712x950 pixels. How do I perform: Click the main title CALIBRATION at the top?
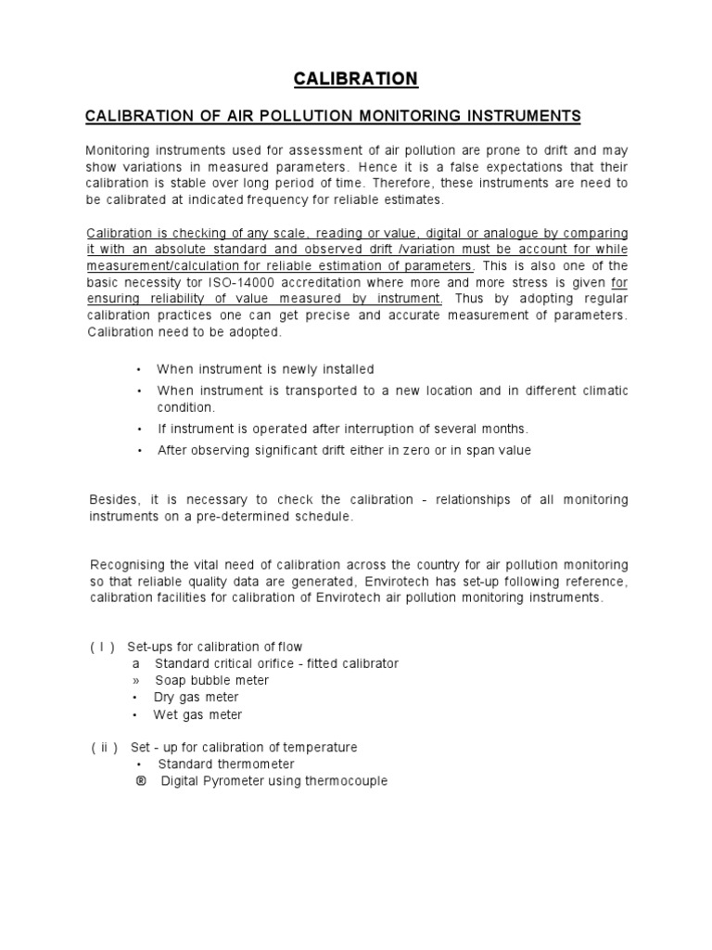(x=356, y=79)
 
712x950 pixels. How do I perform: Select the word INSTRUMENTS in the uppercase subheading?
(x=519, y=115)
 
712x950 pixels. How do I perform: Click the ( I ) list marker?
(x=102, y=646)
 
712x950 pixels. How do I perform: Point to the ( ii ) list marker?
(x=104, y=747)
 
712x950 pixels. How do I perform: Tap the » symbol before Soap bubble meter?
(x=135, y=680)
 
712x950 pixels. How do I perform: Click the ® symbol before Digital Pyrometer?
(x=142, y=781)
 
